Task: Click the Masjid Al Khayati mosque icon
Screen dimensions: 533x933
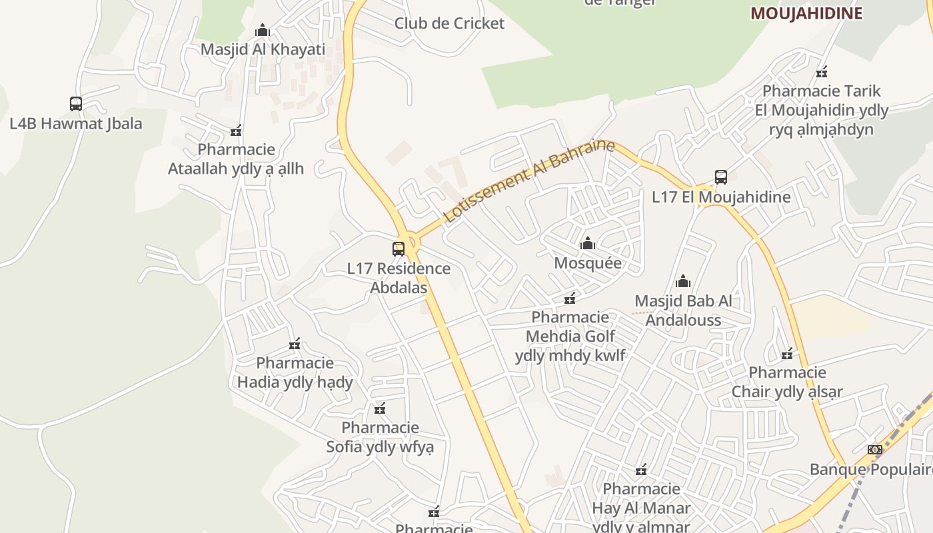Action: (x=263, y=31)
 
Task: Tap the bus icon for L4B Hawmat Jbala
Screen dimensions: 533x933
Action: (x=76, y=104)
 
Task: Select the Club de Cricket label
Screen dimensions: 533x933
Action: (x=449, y=23)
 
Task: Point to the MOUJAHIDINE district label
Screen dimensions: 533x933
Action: (x=806, y=13)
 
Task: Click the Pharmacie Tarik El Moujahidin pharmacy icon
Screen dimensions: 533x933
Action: (x=822, y=72)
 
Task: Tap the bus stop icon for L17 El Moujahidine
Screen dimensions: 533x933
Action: (x=720, y=177)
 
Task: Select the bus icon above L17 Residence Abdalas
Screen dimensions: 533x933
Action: (x=399, y=249)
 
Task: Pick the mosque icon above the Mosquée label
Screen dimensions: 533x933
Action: (x=588, y=244)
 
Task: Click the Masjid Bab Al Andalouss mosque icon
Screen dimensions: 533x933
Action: (x=683, y=282)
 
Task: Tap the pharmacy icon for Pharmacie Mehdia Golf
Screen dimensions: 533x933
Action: (x=570, y=298)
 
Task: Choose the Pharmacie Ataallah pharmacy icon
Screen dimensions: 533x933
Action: (x=236, y=131)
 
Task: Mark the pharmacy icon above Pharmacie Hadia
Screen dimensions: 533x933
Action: (x=295, y=344)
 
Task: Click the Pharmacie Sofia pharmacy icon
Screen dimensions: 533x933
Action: (x=380, y=408)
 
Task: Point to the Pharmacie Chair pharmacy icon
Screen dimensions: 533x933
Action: (x=788, y=353)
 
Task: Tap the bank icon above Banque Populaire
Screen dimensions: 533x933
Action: (x=875, y=450)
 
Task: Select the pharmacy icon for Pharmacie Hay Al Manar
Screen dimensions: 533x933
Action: (x=641, y=470)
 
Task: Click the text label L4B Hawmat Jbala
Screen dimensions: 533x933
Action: (x=76, y=123)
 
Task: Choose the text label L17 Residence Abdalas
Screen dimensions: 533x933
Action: (x=399, y=278)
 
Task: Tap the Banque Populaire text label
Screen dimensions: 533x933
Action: (x=870, y=469)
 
